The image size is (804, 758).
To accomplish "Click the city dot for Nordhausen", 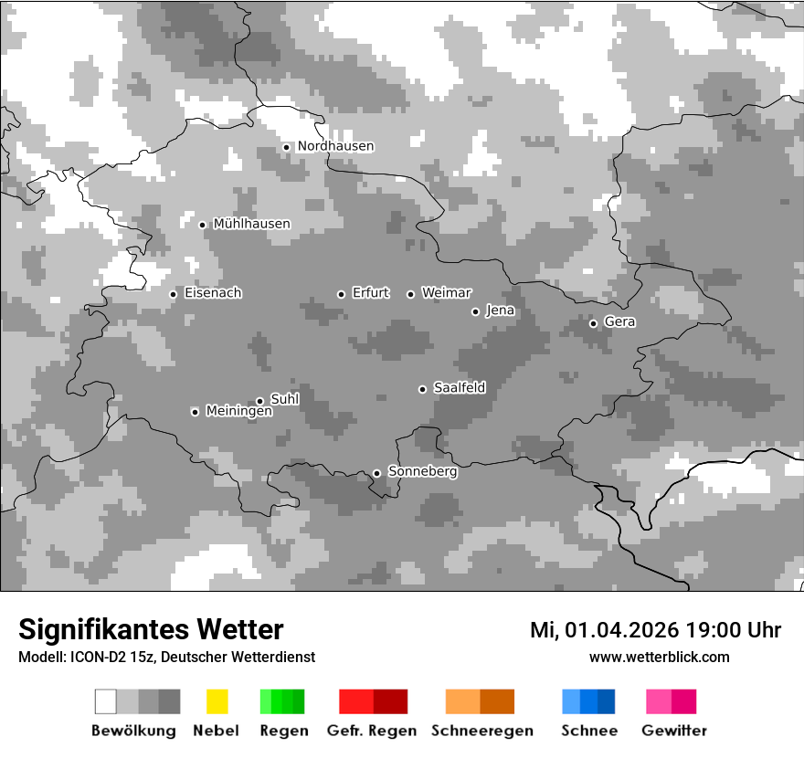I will pos(286,147).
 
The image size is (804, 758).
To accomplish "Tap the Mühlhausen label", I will pos(251,224).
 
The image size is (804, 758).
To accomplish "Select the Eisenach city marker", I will pos(173,294).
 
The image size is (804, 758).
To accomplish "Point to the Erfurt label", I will pos(370,293).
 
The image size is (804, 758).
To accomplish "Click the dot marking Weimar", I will pos(410,294).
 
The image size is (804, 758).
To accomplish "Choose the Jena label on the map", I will pos(500,311).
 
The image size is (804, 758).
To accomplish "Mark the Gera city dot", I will pos(593,323).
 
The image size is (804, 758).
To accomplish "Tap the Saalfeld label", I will pos(459,388).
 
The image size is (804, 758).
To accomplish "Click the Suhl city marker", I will pos(259,401).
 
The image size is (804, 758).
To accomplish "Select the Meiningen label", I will pos(238,412).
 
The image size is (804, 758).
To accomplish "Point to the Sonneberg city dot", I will pos(376,473).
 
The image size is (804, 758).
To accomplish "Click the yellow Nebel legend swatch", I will pos(217,701).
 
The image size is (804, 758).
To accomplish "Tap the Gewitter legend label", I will pos(674,731).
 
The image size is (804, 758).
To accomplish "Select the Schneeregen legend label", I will pos(481,731).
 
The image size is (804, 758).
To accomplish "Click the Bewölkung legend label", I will pos(133,731).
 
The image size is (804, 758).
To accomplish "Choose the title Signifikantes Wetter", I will pos(151,629).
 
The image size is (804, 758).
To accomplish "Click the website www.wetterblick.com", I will pos(659,657).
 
